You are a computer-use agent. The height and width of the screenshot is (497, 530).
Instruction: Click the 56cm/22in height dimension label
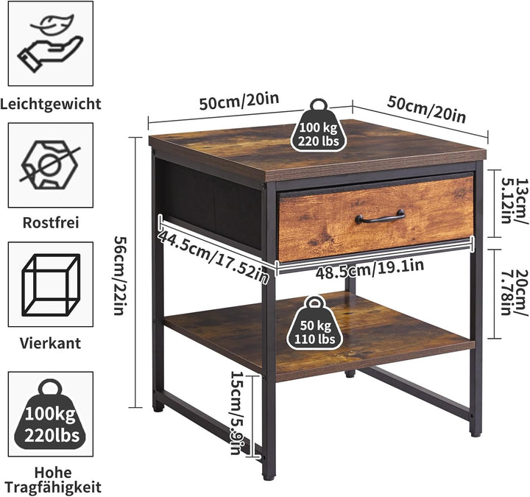(119, 275)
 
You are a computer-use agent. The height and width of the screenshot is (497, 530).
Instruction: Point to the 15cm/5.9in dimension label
(236, 413)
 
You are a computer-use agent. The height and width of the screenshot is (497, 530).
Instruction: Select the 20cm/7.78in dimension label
(514, 293)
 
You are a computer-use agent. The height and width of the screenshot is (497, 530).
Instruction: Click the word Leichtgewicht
(51, 104)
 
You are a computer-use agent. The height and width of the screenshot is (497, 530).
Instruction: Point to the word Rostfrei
(51, 223)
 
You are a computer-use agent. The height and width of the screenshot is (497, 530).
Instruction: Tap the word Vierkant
(50, 343)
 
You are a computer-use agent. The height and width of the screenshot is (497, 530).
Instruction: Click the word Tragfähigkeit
(53, 488)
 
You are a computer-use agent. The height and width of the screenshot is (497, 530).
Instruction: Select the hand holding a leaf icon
(51, 43)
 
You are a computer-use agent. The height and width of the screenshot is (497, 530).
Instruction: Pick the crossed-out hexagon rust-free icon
(50, 165)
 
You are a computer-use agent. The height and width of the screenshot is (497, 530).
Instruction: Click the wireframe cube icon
(51, 285)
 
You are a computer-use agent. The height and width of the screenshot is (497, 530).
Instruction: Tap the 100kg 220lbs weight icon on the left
(51, 415)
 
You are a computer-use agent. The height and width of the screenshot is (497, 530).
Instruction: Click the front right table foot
(475, 431)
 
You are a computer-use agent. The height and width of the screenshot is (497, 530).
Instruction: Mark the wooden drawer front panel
(376, 219)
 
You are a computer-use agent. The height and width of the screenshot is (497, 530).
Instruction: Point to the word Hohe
(53, 473)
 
